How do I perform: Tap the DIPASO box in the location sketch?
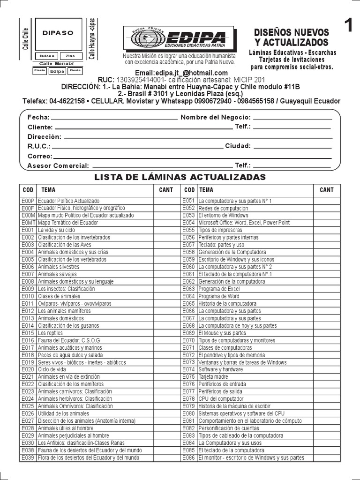[x=58, y=33]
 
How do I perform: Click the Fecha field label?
[x=38, y=117]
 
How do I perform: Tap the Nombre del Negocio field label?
[x=216, y=117]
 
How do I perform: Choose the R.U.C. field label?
[x=38, y=146]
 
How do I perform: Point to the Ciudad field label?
[x=238, y=146]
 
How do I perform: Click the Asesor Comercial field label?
[x=58, y=165]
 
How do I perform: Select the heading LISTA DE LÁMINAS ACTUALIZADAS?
[x=180, y=177]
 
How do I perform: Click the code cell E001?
[x=28, y=230]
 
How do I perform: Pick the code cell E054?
[x=188, y=223]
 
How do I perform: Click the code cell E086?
[x=188, y=457]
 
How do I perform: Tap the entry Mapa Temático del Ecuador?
[x=68, y=223]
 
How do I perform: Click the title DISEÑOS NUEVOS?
[x=291, y=32]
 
